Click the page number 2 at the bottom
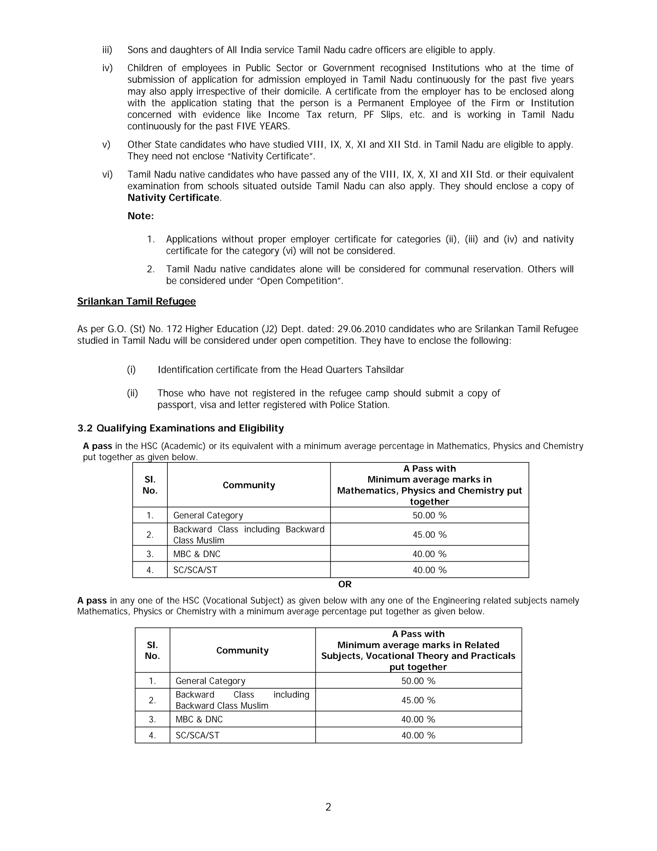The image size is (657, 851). pyautogui.click(x=328, y=807)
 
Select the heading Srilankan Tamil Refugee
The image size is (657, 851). pyautogui.click(x=136, y=301)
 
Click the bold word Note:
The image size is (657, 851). pyautogui.click(x=141, y=216)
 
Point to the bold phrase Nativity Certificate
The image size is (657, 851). pyautogui.click(x=173, y=197)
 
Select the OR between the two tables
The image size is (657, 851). pyautogui.click(x=345, y=584)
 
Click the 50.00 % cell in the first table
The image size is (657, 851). pyautogui.click(x=429, y=515)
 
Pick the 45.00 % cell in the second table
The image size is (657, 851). pyautogui.click(x=418, y=700)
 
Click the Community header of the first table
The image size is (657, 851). pyautogui.click(x=249, y=485)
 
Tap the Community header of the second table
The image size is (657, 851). pyautogui.click(x=243, y=650)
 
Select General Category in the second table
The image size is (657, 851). pyautogui.click(x=210, y=681)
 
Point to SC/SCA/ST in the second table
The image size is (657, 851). pyautogui.click(x=197, y=735)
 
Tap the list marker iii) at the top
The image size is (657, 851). pyautogui.click(x=107, y=50)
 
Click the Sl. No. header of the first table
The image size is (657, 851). pyautogui.click(x=150, y=485)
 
